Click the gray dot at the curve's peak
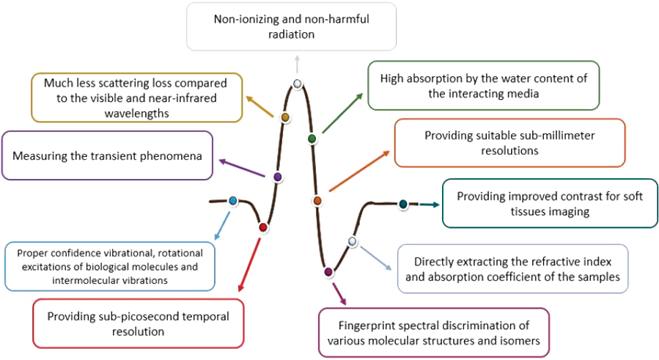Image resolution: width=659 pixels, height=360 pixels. click(297, 84)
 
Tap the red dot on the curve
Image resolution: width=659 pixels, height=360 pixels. click(263, 227)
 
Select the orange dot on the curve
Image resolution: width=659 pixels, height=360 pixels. click(317, 200)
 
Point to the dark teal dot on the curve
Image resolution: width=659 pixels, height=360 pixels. click(402, 203)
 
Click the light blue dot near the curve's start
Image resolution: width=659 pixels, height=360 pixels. click(233, 200)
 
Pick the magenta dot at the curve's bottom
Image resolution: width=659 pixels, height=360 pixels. click(328, 272)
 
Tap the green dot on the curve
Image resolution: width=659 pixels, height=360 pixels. click(312, 138)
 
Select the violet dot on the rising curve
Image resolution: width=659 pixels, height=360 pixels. click(278, 177)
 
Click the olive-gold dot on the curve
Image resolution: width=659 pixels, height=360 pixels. click(285, 117)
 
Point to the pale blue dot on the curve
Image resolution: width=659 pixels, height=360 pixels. click(352, 241)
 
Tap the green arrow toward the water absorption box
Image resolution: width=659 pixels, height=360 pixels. click(341, 114)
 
